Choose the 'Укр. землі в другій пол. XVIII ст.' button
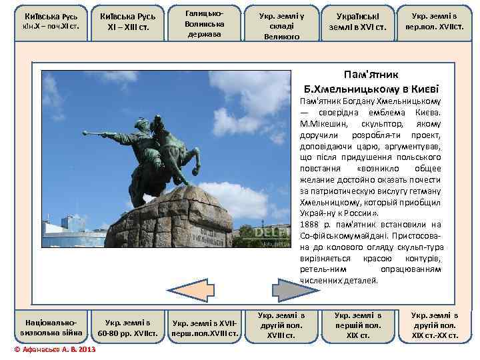click(281, 325)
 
